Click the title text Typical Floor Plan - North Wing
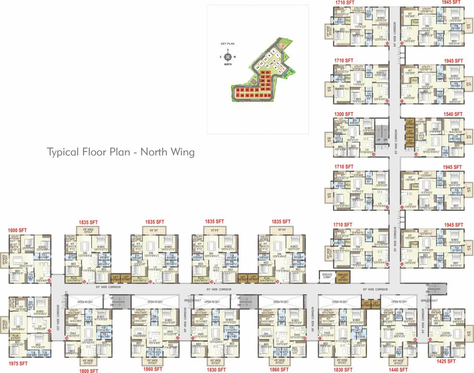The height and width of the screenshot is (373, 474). point(120,152)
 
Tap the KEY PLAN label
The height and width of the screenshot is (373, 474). point(227,44)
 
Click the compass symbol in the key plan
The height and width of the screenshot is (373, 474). point(227,56)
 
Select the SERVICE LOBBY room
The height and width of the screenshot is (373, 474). point(326,276)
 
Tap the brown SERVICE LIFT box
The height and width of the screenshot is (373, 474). point(344,276)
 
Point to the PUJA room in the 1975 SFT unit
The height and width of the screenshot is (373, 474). point(16,335)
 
